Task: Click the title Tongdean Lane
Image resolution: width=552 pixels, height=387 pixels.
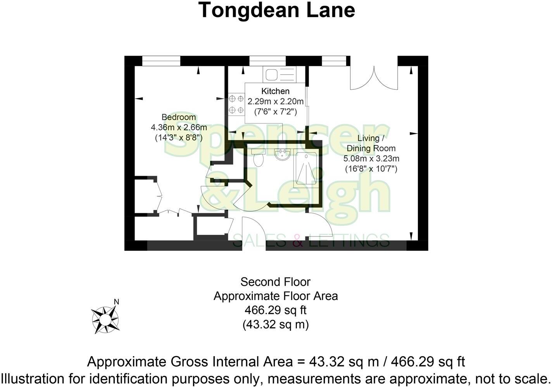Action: pyautogui.click(x=276, y=10)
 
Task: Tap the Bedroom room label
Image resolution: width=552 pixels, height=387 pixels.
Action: pyautogui.click(x=179, y=117)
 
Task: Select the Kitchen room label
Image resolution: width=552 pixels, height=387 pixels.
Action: pyautogui.click(x=275, y=91)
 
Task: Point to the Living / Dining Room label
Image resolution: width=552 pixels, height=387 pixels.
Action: pyautogui.click(x=371, y=143)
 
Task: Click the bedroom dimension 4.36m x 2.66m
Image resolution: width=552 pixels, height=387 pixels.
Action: pyautogui.click(x=179, y=127)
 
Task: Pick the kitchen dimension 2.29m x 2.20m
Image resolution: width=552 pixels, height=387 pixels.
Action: pyautogui.click(x=275, y=102)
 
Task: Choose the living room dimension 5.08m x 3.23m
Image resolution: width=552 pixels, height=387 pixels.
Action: pyautogui.click(x=371, y=158)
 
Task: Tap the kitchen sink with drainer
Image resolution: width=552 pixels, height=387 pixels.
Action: pyautogui.click(x=279, y=74)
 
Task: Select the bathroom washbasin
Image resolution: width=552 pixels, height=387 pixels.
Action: pyautogui.click(x=281, y=154)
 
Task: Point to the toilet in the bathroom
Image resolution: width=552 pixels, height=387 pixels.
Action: pyautogui.click(x=257, y=158)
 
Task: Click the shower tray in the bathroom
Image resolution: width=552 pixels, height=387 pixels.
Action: pyautogui.click(x=306, y=169)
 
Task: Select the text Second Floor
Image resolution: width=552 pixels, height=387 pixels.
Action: pyautogui.click(x=275, y=282)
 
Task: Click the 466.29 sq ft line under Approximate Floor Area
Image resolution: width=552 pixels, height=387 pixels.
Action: pyautogui.click(x=275, y=310)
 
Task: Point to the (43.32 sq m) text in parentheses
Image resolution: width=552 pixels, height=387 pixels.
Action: pyautogui.click(x=275, y=324)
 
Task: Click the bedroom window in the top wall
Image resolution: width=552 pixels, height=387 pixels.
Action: pyautogui.click(x=161, y=61)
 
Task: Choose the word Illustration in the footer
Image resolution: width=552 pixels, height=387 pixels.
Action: pyautogui.click(x=36, y=378)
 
